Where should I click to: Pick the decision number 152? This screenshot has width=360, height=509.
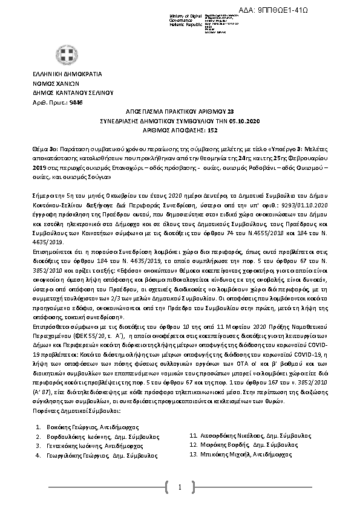click(x=212, y=130)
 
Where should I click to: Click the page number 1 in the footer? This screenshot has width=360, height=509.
click(x=180, y=487)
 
